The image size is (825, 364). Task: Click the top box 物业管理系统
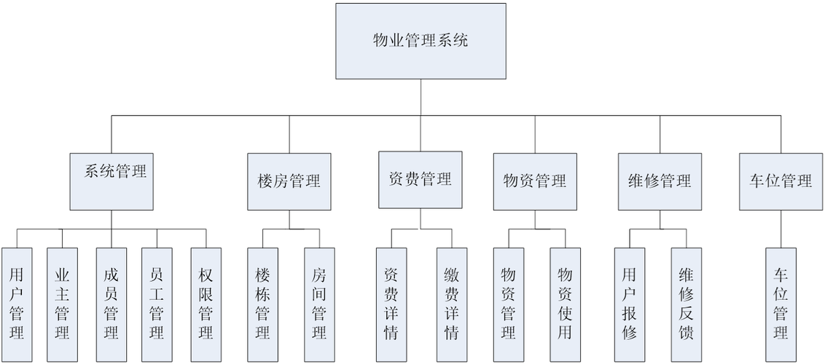tap(421, 41)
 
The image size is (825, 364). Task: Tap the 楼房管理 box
tap(289, 181)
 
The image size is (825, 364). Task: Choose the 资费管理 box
tap(420, 180)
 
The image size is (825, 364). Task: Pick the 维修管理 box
tap(659, 181)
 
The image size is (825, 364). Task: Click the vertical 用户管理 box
tap(17, 304)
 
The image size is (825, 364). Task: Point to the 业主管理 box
tap(62, 304)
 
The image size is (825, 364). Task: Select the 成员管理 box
tap(111, 304)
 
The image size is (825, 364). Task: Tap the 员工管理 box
tap(156, 304)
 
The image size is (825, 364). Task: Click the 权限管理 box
tap(205, 304)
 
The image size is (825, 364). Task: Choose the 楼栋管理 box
tap(262, 304)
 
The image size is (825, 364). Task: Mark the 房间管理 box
tap(318, 304)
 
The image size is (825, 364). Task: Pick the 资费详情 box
tap(391, 304)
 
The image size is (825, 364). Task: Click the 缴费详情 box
tap(451, 304)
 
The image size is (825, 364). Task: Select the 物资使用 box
tap(565, 304)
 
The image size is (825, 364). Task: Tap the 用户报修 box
tap(630, 304)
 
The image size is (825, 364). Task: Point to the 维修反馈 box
tap(686, 304)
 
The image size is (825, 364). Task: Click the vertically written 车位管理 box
tap(781, 304)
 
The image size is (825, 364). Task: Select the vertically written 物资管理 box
tap(509, 304)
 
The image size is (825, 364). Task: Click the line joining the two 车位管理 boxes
tap(781, 229)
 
